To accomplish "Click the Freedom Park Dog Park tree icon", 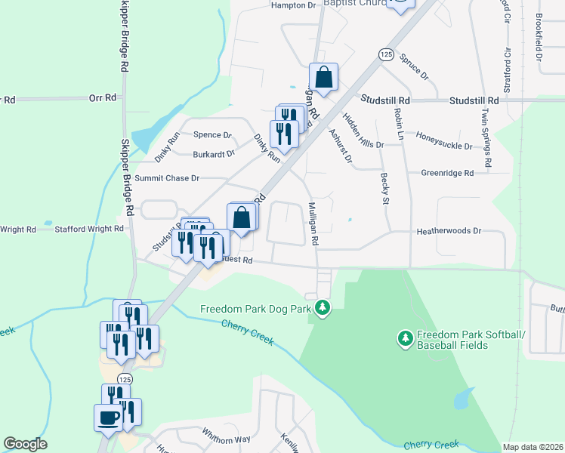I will point(323,308).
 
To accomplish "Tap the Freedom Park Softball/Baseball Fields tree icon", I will point(405,337).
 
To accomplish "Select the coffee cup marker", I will point(107,417).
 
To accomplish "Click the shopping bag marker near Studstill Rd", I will point(323,77).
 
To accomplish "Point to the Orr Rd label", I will point(103,98).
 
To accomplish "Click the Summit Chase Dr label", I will point(167,178).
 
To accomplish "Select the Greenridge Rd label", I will point(447,173).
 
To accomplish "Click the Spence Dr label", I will point(212,135).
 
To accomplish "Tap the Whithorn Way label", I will point(226,438).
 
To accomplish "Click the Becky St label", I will point(384,188).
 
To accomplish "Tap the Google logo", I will point(25,445).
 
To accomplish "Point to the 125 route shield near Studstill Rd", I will point(386,54).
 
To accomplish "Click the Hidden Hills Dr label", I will point(363,130).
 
